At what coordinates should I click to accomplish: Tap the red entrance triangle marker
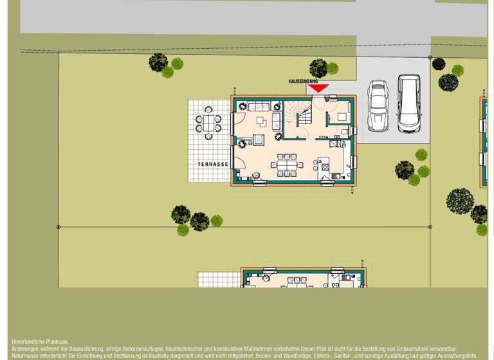tap(318, 89)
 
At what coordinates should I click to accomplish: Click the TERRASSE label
tap(213, 165)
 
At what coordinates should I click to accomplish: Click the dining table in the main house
tap(288, 165)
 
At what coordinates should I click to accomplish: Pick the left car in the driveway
tap(377, 105)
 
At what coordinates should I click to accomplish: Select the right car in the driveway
tap(408, 103)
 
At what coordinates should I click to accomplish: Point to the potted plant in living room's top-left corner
tap(242, 105)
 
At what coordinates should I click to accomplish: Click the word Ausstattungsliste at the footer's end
tap(455, 355)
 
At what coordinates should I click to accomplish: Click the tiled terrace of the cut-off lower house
tap(219, 280)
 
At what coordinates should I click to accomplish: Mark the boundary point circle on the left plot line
tap(59, 227)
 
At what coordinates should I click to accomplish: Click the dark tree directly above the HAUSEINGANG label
tap(318, 67)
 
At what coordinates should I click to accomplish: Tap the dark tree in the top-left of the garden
tap(158, 62)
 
